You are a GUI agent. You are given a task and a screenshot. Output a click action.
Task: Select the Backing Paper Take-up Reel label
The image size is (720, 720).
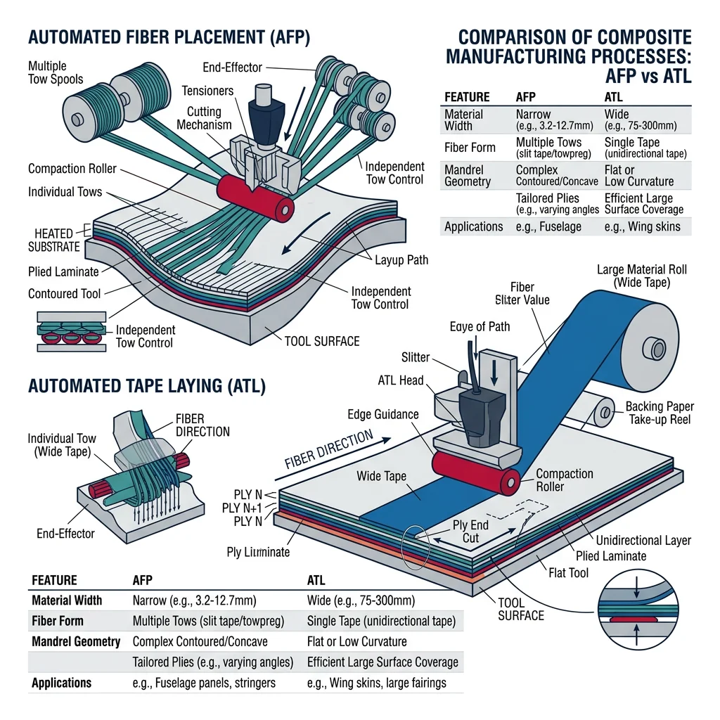tap(660, 413)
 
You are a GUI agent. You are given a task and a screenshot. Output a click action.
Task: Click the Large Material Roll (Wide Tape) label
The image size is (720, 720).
tap(641, 276)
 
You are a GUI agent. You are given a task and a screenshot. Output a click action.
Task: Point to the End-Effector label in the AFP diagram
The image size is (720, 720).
tap(232, 67)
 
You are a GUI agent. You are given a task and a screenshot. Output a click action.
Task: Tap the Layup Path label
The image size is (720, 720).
tap(401, 260)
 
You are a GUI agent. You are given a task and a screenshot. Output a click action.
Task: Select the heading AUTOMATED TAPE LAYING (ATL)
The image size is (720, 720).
tap(146, 386)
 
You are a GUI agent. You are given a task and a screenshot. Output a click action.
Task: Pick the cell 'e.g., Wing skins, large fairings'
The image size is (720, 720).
tap(376, 683)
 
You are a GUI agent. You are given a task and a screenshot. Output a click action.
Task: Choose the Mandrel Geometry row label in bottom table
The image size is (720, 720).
tap(76, 641)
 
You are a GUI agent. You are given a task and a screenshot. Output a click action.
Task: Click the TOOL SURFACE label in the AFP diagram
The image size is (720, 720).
tap(321, 341)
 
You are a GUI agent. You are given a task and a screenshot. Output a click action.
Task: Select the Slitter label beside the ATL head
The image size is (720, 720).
tap(415, 358)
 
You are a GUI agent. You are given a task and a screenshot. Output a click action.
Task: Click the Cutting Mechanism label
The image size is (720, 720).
tap(203, 118)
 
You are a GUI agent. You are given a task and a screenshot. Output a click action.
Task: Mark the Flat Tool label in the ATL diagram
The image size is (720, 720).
tap(567, 573)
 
